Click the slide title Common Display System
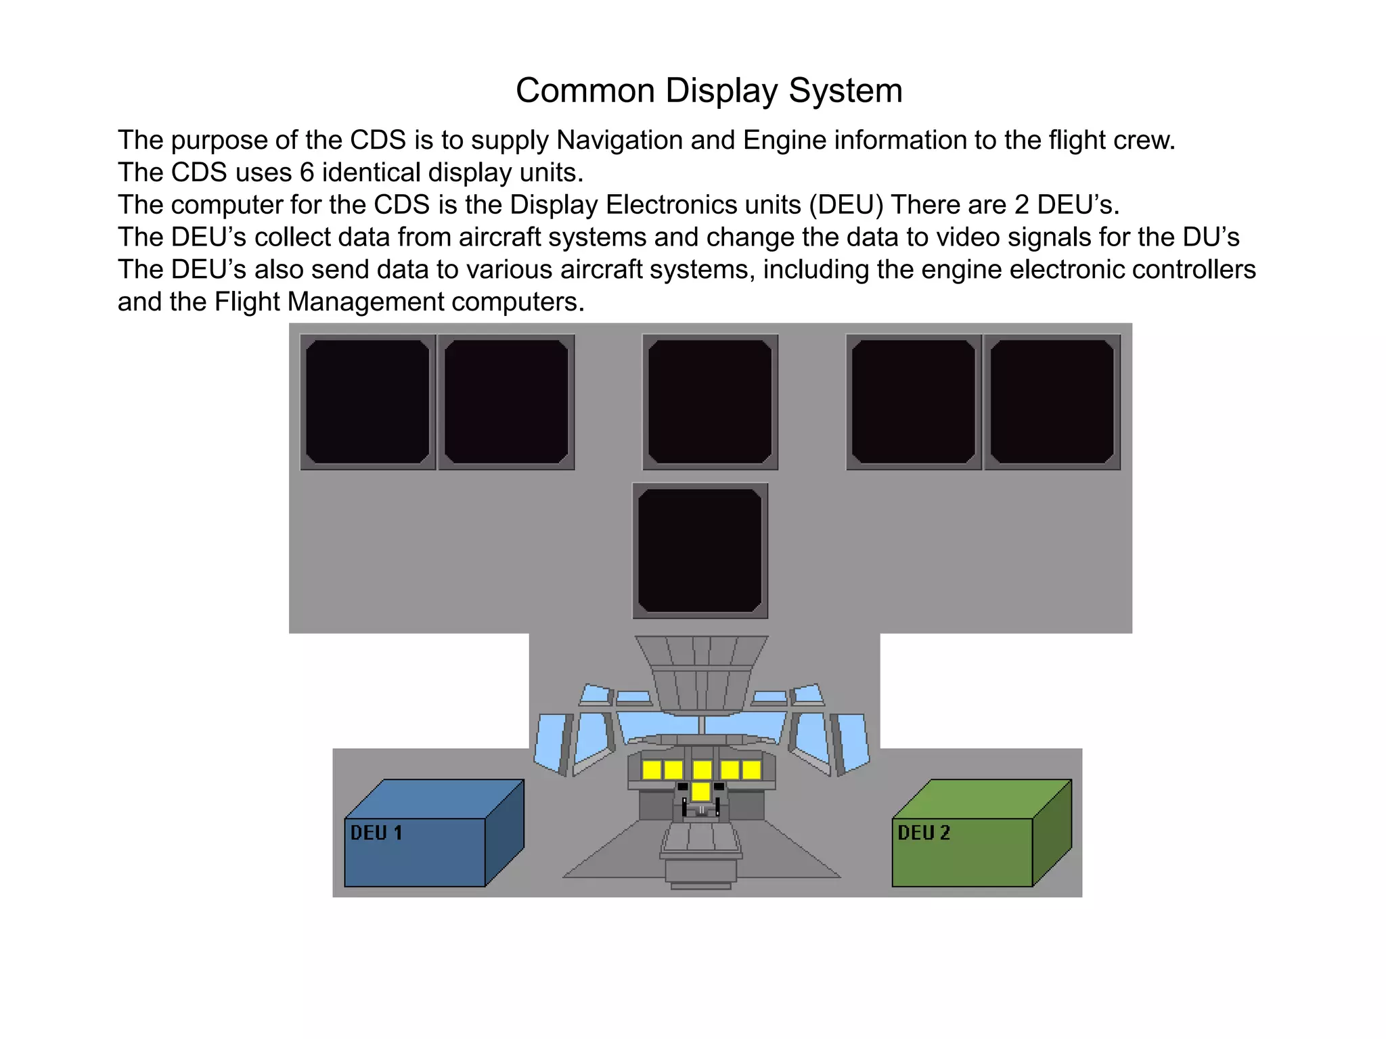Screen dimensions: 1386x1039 click(x=709, y=90)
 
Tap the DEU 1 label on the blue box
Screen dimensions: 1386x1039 click(x=376, y=833)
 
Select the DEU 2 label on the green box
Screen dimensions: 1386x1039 click(x=924, y=833)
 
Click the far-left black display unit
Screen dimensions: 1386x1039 click(x=367, y=402)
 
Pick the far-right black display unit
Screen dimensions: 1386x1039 click(x=1052, y=402)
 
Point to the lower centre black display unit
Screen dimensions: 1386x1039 click(x=700, y=551)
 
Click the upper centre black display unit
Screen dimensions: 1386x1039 click(x=710, y=402)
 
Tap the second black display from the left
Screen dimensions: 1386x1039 click(x=506, y=402)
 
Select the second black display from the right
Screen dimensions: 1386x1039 click(x=914, y=402)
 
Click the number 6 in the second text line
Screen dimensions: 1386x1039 click(x=307, y=172)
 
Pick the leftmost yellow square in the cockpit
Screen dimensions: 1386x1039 click(x=651, y=770)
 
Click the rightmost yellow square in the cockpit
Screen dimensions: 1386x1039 click(x=751, y=770)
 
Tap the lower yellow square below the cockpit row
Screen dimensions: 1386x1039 click(x=700, y=791)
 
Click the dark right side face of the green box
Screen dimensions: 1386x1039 click(x=1052, y=833)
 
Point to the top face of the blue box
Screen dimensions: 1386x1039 click(x=434, y=799)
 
